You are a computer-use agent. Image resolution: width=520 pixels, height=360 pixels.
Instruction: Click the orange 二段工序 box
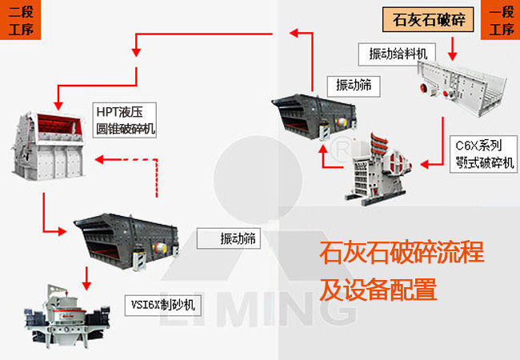point(19,21)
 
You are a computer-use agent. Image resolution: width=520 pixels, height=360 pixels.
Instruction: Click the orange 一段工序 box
point(501,21)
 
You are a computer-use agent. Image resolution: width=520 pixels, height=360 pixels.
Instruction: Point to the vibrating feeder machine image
point(459,86)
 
